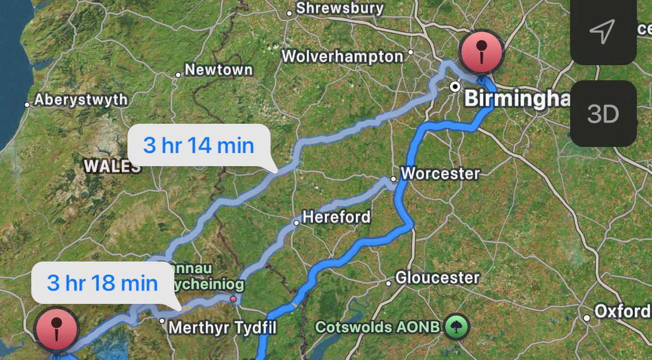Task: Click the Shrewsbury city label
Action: click(x=340, y=9)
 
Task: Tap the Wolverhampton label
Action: click(x=342, y=56)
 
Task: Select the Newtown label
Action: click(x=218, y=70)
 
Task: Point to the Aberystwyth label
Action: click(x=81, y=100)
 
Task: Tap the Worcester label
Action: click(x=440, y=174)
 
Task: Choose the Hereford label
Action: click(x=336, y=217)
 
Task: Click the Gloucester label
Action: click(x=437, y=278)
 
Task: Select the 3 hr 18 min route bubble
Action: click(x=103, y=283)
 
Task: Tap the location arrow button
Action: click(x=602, y=31)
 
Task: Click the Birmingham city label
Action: click(x=516, y=99)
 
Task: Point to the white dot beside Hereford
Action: click(x=297, y=223)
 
